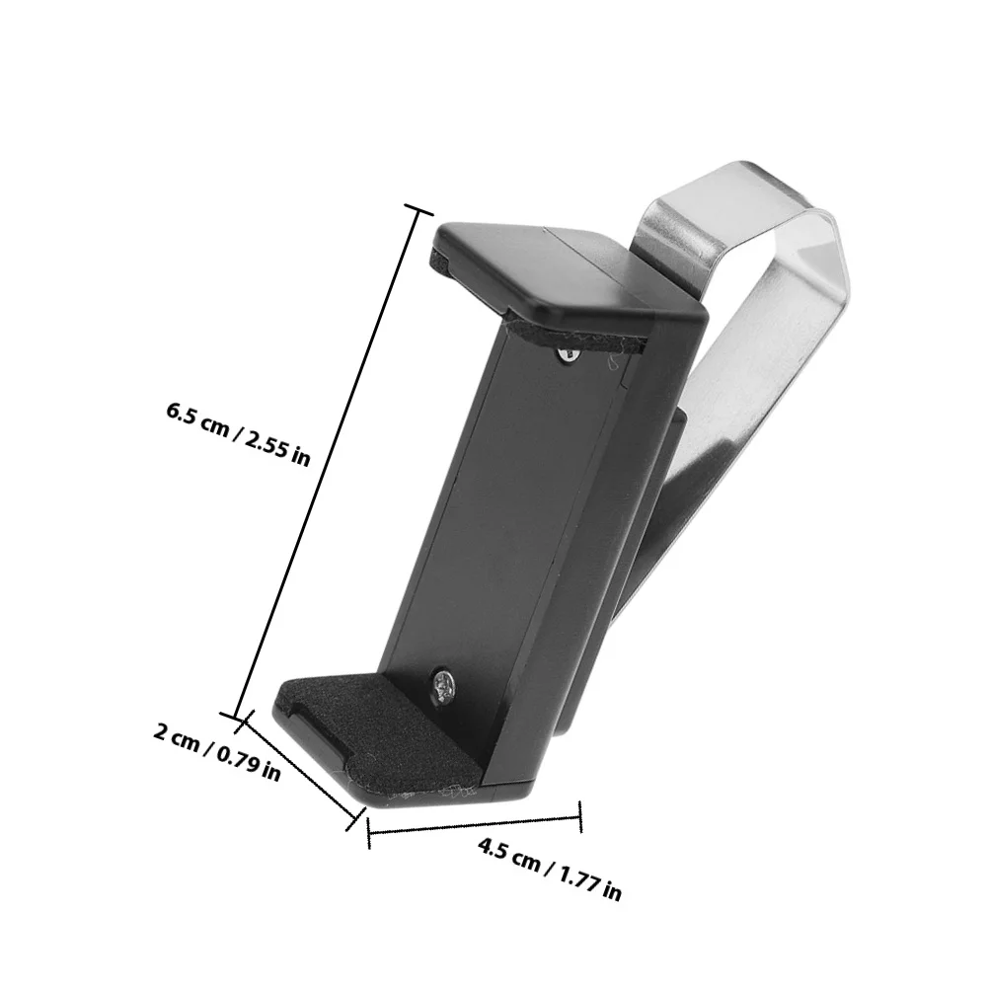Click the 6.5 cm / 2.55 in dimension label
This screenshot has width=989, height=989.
239,434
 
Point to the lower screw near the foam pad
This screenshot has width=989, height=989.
443,685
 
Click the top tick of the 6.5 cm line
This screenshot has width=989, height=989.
418,211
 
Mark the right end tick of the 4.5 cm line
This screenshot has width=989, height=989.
580,817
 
